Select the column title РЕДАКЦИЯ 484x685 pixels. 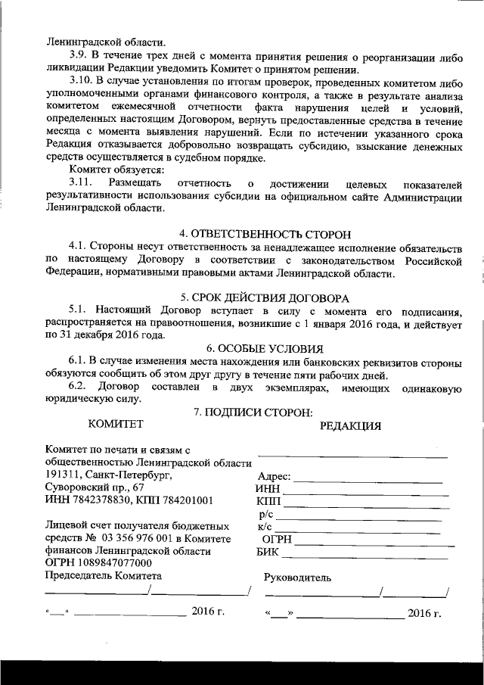(350, 425)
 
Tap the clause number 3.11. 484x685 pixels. (80, 184)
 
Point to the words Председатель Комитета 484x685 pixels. (104, 576)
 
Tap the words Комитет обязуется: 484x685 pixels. (111, 171)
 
